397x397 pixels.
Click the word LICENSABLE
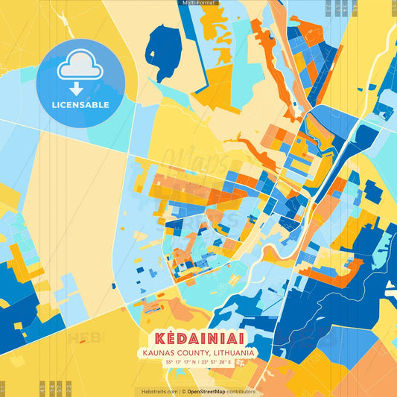pos(80,105)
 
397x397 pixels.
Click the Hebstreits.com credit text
pos(156,391)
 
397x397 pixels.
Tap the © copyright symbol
pos(183,391)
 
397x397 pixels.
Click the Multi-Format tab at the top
pos(198,3)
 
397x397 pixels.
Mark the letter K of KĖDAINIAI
pos(158,337)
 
